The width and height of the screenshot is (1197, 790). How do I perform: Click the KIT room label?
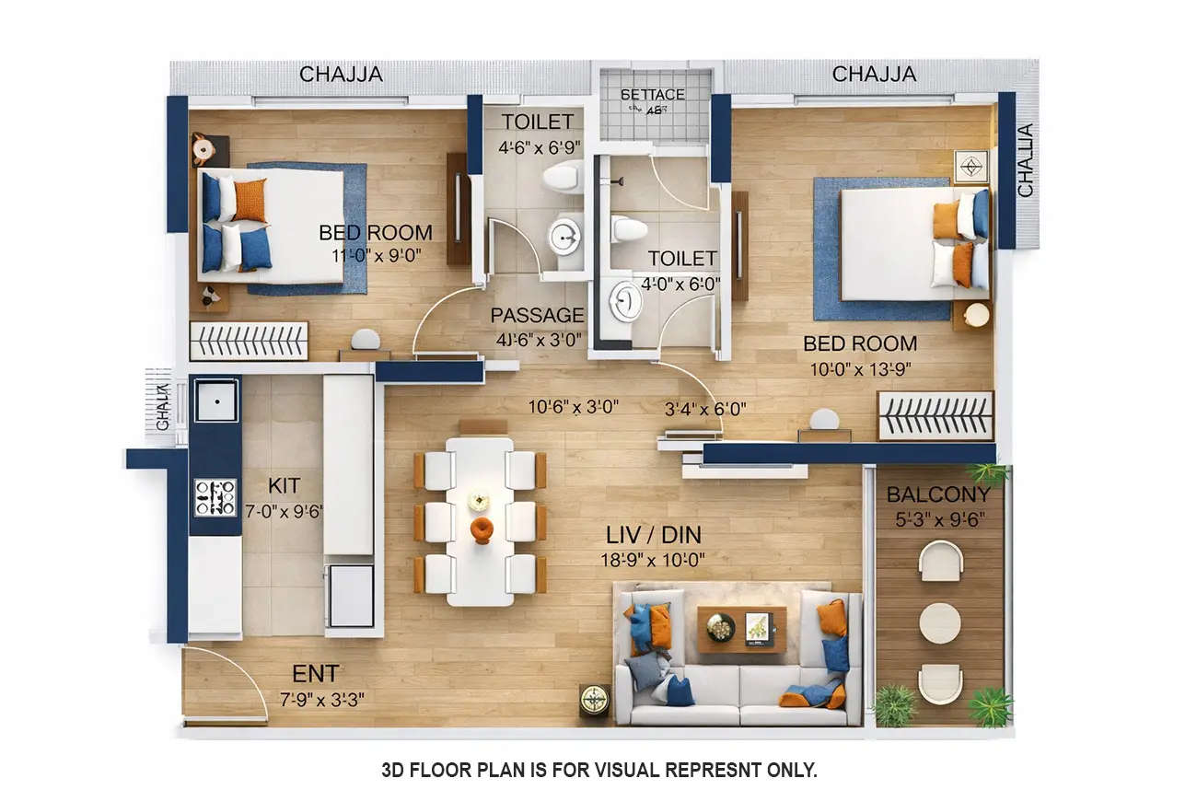point(285,485)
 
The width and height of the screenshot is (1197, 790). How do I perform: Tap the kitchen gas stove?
point(215,497)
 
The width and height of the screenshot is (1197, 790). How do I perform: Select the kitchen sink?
point(216,401)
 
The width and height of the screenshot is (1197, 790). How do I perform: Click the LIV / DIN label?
point(655,535)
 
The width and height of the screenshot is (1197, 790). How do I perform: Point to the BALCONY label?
point(938,495)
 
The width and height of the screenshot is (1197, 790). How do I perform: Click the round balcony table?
point(940,623)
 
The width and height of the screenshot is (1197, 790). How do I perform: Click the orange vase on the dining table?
point(481,529)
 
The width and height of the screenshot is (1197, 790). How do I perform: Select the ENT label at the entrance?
point(315,673)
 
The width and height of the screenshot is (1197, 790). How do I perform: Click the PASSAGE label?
point(537,316)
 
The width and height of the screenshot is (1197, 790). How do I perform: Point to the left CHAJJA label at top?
point(341,75)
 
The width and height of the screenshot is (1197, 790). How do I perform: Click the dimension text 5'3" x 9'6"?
point(938,519)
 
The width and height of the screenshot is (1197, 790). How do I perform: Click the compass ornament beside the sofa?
point(594,701)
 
